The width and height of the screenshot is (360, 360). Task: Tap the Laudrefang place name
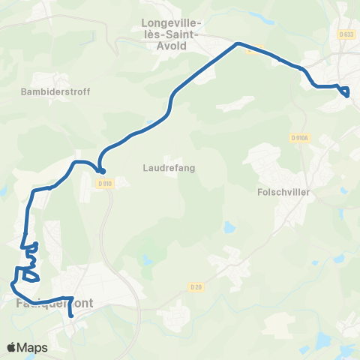click(x=169, y=168)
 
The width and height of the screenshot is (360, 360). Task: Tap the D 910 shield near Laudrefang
click(x=104, y=183)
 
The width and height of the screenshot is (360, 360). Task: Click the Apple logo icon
click(x=12, y=347)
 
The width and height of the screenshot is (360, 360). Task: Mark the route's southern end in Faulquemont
click(x=70, y=316)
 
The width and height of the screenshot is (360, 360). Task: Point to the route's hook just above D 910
click(x=100, y=170)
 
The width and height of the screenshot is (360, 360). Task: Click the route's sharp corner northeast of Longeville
click(x=238, y=43)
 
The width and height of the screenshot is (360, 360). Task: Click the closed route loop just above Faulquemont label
click(x=31, y=276)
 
